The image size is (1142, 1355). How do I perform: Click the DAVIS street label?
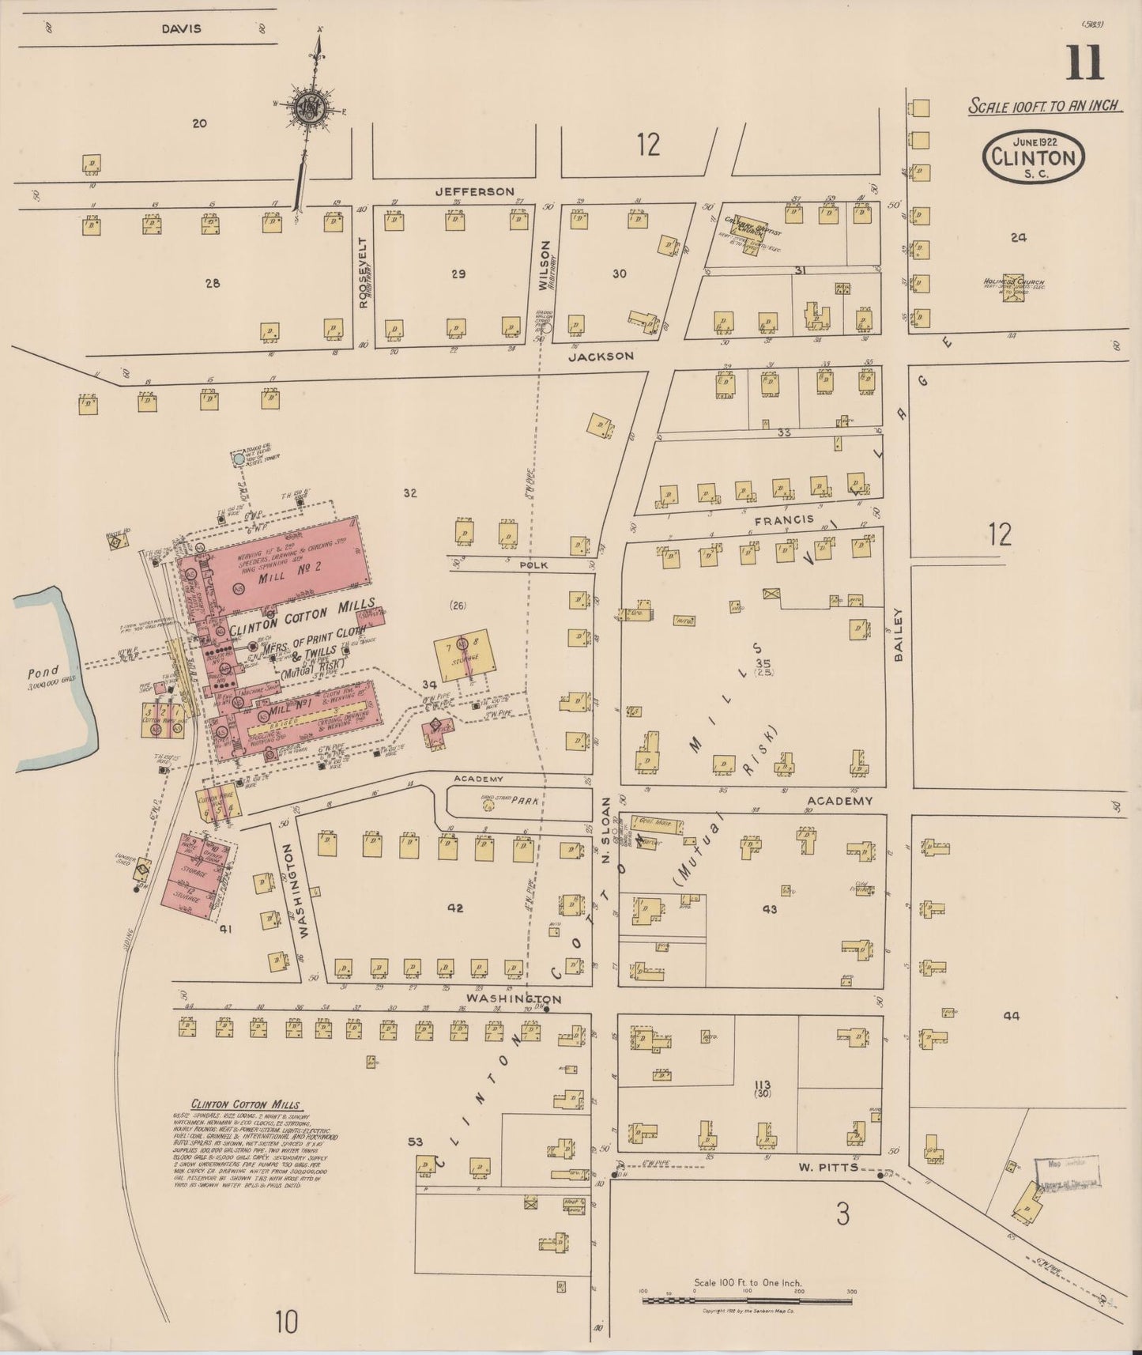point(181,28)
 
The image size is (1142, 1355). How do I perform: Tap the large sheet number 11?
point(1084,64)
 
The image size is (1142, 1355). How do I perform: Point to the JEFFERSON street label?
point(474,191)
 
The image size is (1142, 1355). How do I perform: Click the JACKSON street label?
point(600,356)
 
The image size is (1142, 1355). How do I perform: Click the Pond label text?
point(43,673)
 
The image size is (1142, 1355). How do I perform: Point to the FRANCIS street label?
point(783,519)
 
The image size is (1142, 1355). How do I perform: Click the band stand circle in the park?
point(488,807)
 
